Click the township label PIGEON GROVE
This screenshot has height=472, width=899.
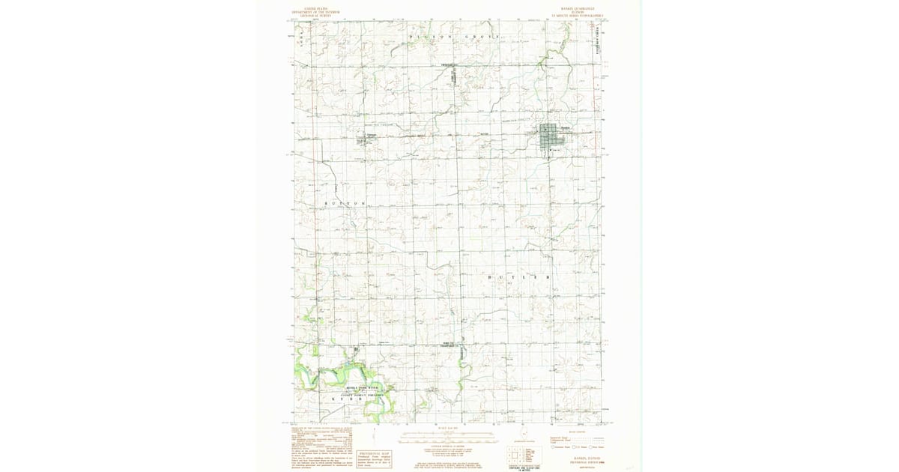[453, 37]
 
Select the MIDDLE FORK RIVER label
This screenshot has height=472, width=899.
[345, 389]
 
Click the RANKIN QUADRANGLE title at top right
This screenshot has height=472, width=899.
[572, 10]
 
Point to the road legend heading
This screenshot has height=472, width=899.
[577, 432]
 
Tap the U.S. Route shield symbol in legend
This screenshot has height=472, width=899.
[573, 447]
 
